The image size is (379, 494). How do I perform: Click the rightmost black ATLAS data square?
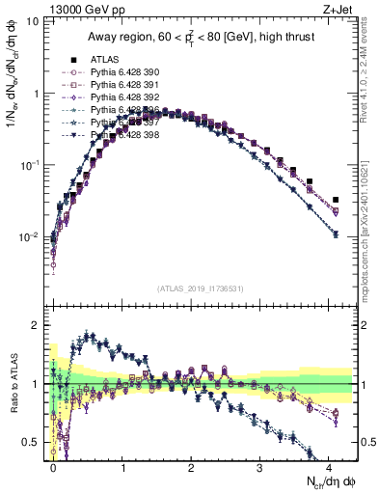[x=336, y=200]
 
